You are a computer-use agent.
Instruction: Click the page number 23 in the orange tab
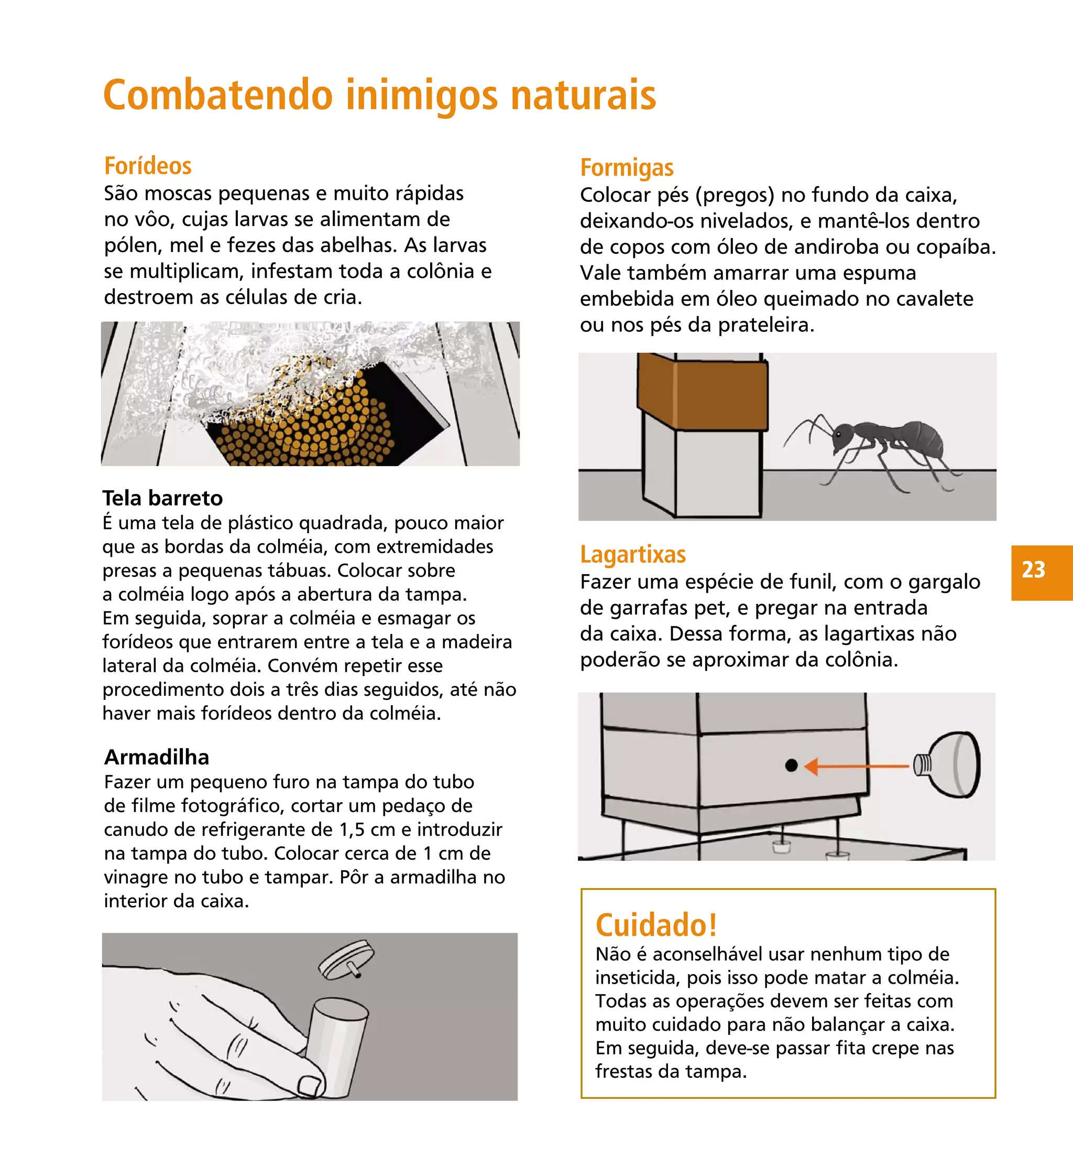(1033, 569)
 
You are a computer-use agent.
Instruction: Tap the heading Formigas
(627, 168)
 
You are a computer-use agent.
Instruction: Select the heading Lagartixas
(632, 554)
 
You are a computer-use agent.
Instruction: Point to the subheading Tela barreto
(162, 498)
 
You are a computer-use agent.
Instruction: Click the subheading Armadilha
(156, 757)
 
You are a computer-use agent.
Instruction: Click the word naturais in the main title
(583, 95)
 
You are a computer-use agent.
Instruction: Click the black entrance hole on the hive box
(791, 765)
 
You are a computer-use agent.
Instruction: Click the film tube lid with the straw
(347, 960)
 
